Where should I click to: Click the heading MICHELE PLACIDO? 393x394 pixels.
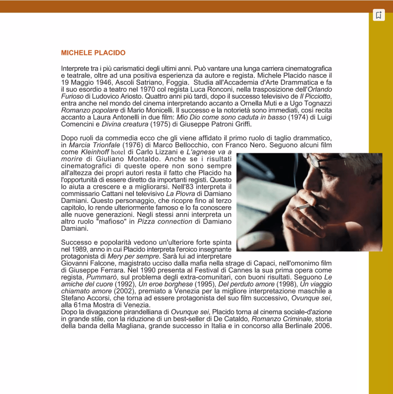coord(93,53)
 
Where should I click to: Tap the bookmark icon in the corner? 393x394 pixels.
coord(379,15)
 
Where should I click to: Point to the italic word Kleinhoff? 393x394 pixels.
coord(96,152)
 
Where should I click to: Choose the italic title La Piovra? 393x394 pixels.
coord(180,194)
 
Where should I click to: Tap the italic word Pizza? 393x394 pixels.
coord(146,221)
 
